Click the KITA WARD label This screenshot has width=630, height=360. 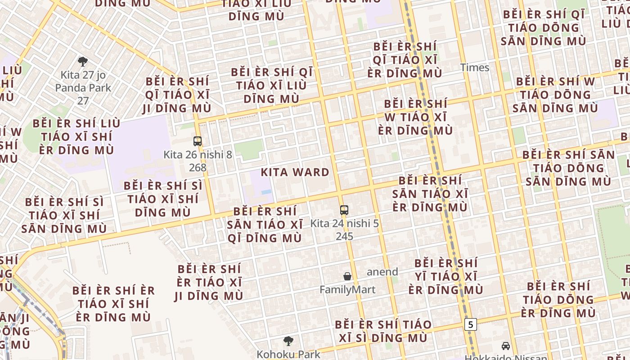click(x=295, y=172)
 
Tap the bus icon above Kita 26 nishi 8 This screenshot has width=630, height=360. click(x=198, y=141)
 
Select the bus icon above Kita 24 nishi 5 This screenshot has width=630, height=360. click(x=344, y=210)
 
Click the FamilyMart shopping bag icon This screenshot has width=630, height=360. click(x=347, y=276)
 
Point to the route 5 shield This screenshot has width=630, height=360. click(x=470, y=324)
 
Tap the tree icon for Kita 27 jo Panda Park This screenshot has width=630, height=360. click(x=83, y=62)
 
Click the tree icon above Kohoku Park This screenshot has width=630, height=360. click(x=288, y=341)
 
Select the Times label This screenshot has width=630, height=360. click(x=474, y=67)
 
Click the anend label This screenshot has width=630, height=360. click(x=382, y=272)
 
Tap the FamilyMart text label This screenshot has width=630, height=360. click(x=347, y=289)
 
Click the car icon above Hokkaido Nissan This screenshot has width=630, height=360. click(x=506, y=346)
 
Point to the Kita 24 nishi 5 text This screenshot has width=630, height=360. click(x=344, y=223)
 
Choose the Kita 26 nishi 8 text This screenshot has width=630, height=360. click(x=198, y=155)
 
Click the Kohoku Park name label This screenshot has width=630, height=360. click(x=288, y=354)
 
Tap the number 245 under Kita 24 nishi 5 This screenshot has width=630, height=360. click(x=344, y=236)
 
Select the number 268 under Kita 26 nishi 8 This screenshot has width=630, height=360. click(x=198, y=168)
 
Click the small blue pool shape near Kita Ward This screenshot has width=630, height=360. click(x=266, y=192)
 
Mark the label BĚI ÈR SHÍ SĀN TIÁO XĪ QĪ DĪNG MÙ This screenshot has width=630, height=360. click(x=265, y=225)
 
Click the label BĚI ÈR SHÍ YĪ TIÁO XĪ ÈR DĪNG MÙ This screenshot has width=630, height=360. click(x=445, y=276)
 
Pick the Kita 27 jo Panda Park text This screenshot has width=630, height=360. click(x=83, y=81)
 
